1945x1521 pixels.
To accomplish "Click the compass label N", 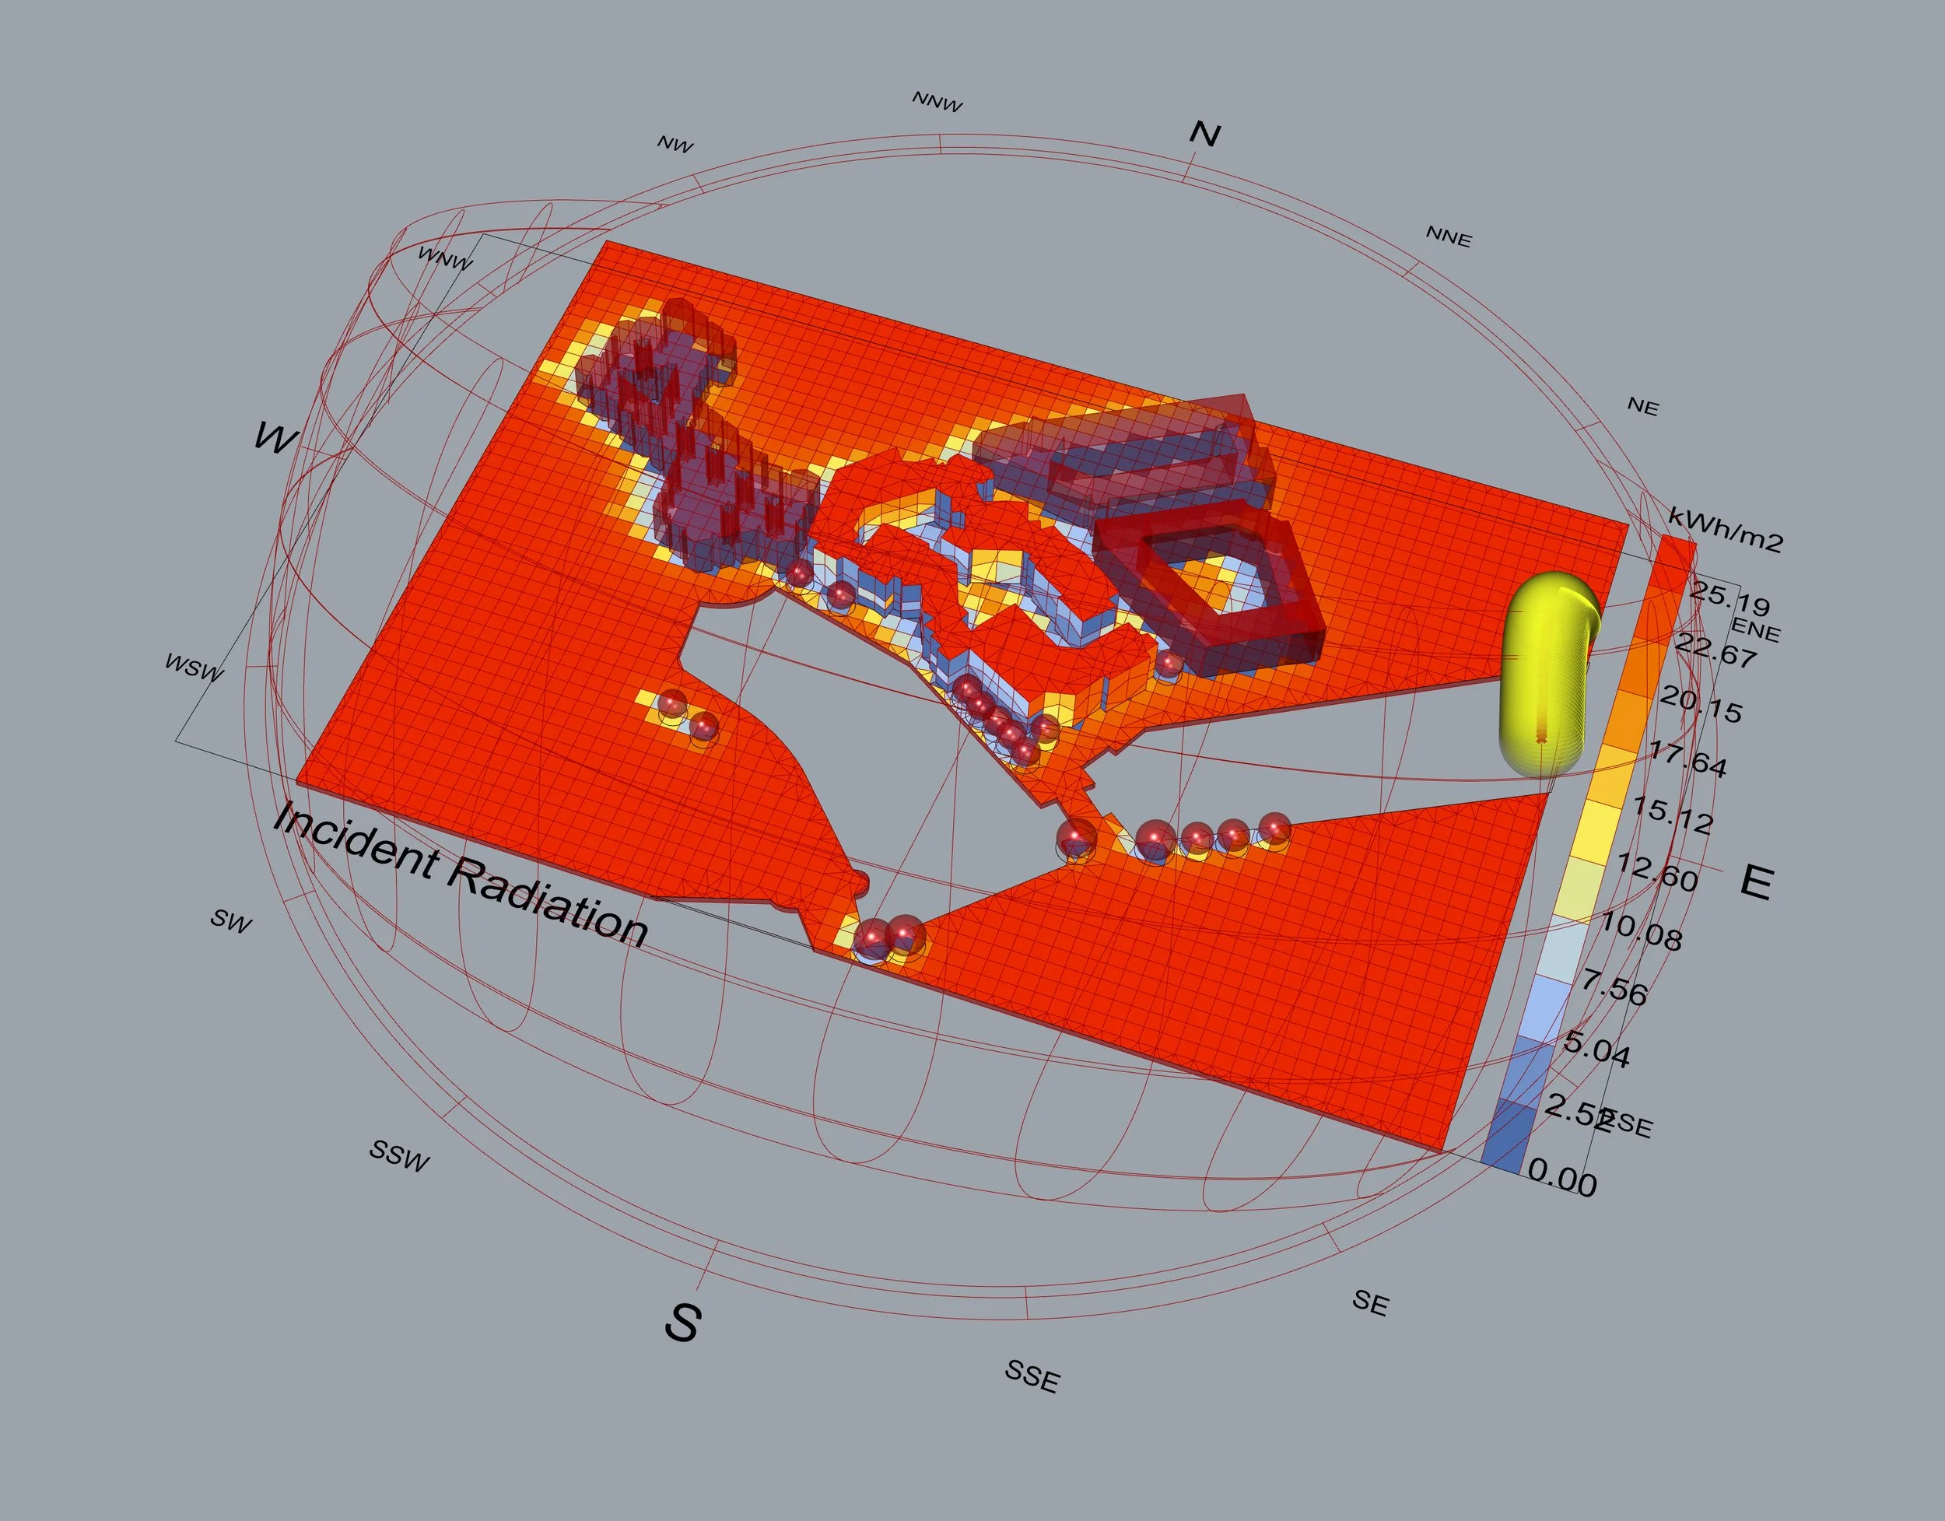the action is click(x=1204, y=134).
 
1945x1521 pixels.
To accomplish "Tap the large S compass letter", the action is click(x=682, y=1322).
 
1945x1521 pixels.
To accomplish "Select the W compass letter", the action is click(x=276, y=437).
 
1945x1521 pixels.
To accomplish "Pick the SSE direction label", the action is click(x=1032, y=1376).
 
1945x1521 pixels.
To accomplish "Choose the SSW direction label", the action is click(x=400, y=1156).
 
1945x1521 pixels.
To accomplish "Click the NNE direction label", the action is click(x=1449, y=236).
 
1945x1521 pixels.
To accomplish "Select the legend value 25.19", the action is click(x=1729, y=598).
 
